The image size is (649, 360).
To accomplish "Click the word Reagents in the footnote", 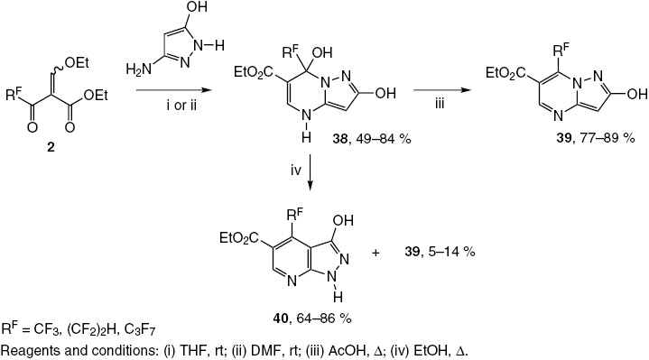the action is [27, 349].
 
